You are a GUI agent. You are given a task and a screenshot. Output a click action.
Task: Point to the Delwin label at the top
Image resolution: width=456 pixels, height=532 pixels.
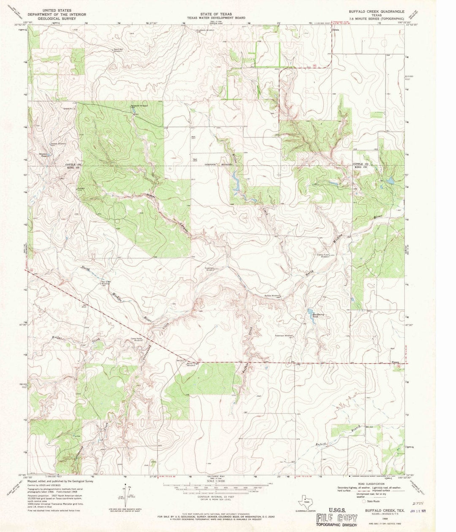tap(336, 30)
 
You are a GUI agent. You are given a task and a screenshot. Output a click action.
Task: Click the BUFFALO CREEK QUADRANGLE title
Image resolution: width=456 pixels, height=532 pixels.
tap(375, 12)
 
